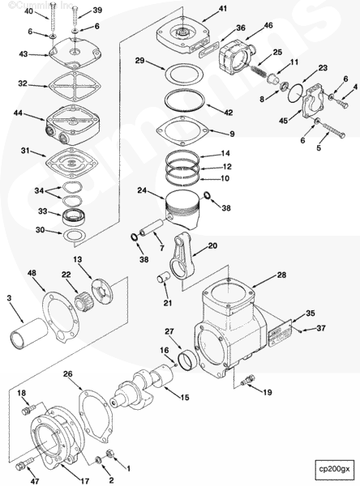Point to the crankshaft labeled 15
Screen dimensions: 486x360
point(149,386)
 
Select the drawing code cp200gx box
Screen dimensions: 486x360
point(334,469)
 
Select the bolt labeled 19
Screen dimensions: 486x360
point(246,379)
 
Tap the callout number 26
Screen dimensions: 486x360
point(67,374)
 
